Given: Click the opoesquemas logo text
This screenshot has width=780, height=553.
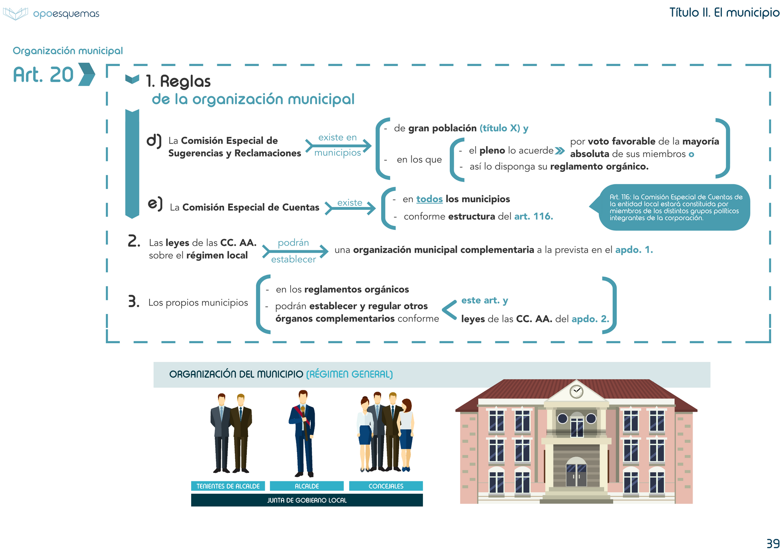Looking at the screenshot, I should tap(66, 14).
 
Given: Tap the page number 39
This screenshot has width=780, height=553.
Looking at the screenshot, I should tap(772, 543).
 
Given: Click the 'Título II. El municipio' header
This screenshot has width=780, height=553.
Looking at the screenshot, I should tap(724, 12).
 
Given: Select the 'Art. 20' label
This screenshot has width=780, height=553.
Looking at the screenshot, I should tap(43, 75).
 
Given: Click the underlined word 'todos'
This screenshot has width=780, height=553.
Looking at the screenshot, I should tap(429, 199).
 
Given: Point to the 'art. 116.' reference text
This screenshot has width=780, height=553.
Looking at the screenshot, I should tap(533, 217).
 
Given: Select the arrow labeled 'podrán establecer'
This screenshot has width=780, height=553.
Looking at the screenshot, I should tap(295, 251).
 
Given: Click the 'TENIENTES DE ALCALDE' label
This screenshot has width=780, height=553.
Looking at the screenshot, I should tap(228, 486).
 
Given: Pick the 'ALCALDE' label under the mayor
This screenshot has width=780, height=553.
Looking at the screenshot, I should tap(307, 486).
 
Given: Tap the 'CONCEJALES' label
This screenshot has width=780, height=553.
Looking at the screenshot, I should tap(386, 486).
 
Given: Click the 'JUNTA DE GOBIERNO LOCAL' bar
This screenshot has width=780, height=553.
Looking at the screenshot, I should tap(307, 500).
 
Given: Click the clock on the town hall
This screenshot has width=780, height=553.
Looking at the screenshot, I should tap(576, 391).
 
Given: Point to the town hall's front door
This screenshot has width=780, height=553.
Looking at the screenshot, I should tap(576, 475).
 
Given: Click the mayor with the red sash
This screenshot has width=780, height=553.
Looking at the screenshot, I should tap(303, 432).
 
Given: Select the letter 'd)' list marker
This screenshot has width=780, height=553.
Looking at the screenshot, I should tap(154, 141).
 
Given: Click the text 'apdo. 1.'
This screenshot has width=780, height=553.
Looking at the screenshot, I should tap(634, 250).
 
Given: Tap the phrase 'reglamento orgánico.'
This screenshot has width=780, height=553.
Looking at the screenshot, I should tap(599, 167).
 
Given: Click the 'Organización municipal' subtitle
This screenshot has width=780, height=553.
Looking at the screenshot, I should tap(68, 51).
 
